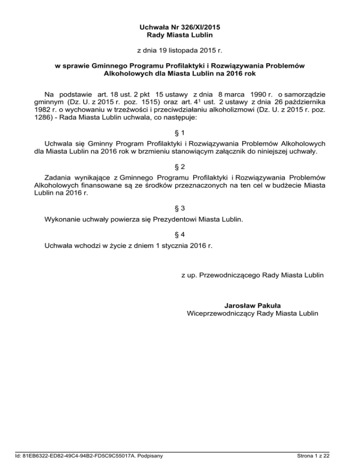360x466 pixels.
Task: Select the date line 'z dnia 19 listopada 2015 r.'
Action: pos(180,49)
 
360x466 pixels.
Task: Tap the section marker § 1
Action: pos(180,132)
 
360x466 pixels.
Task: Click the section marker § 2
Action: pos(180,167)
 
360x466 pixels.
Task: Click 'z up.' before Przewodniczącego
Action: pos(189,273)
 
